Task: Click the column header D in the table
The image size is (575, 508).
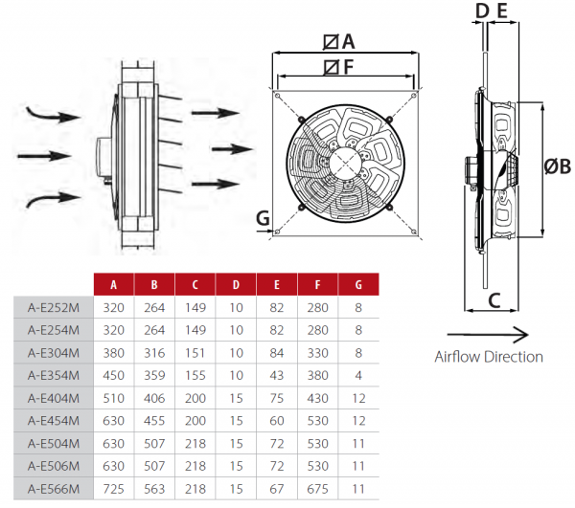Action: point(236,285)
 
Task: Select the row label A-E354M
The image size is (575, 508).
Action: point(54,376)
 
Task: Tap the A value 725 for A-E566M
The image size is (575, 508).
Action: point(113,489)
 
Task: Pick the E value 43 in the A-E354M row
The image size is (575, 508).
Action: point(277,376)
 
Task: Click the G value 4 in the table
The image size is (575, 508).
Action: point(358,376)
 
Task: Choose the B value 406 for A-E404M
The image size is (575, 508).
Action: point(154,398)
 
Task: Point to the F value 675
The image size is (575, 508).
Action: point(317,489)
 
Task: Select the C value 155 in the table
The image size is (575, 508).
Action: point(195,376)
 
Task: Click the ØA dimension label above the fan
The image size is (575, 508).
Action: point(339,41)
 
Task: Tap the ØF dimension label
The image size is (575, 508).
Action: point(339,67)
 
